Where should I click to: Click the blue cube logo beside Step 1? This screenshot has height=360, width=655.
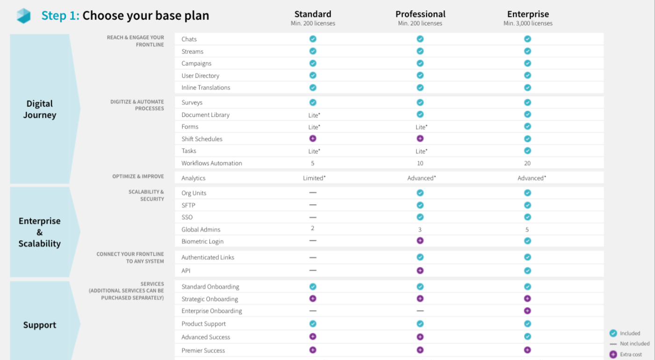pyautogui.click(x=23, y=16)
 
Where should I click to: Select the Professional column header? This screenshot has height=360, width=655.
pyautogui.click(x=420, y=14)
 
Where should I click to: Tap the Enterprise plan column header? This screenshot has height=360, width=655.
pyautogui.click(x=528, y=14)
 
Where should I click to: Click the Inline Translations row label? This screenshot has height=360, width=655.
pyautogui.click(x=206, y=87)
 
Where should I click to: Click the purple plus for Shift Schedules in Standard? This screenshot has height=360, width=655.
pyautogui.click(x=313, y=138)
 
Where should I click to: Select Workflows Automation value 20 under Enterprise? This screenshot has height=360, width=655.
pyautogui.click(x=527, y=163)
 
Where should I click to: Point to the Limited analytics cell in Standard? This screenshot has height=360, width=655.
pyautogui.click(x=314, y=178)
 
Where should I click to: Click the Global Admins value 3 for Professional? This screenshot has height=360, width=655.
pyautogui.click(x=420, y=230)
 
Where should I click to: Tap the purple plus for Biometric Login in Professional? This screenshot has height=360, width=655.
pyautogui.click(x=420, y=240)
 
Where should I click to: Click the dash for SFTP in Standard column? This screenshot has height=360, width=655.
pyautogui.click(x=313, y=205)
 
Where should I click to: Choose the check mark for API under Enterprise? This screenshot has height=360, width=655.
pyautogui.click(x=527, y=270)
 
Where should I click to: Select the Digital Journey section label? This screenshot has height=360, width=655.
pyautogui.click(x=40, y=109)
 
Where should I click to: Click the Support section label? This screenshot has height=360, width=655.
pyautogui.click(x=40, y=325)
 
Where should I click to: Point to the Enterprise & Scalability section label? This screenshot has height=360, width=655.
pyautogui.click(x=40, y=232)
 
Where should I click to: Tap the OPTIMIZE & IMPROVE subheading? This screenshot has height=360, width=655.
pyautogui.click(x=138, y=177)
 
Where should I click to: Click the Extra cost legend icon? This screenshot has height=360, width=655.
pyautogui.click(x=613, y=354)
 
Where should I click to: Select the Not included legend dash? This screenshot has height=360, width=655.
pyautogui.click(x=613, y=344)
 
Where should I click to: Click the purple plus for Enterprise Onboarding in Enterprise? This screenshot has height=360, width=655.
pyautogui.click(x=527, y=310)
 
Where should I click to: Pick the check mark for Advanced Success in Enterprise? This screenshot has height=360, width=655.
pyautogui.click(x=527, y=337)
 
